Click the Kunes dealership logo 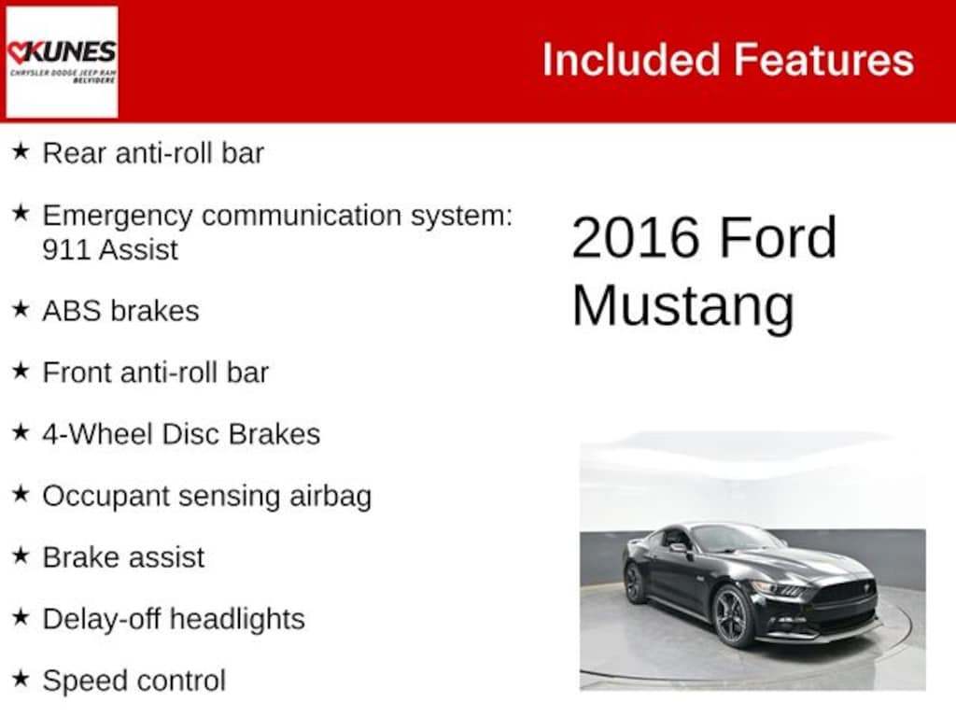coord(62,62)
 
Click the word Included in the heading coord(631,60)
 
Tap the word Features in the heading coord(823,60)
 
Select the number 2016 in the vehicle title coord(635,238)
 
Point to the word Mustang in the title coord(682,306)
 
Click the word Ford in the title coord(778,238)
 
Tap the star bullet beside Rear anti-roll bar coord(21,150)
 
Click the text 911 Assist coord(110,250)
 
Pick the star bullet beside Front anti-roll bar coord(21,370)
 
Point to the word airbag coord(330,497)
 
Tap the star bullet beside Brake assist coord(21,555)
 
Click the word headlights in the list coord(237,620)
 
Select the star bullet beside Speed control coord(21,678)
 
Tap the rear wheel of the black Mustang coord(635,583)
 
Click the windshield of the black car coord(736,539)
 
